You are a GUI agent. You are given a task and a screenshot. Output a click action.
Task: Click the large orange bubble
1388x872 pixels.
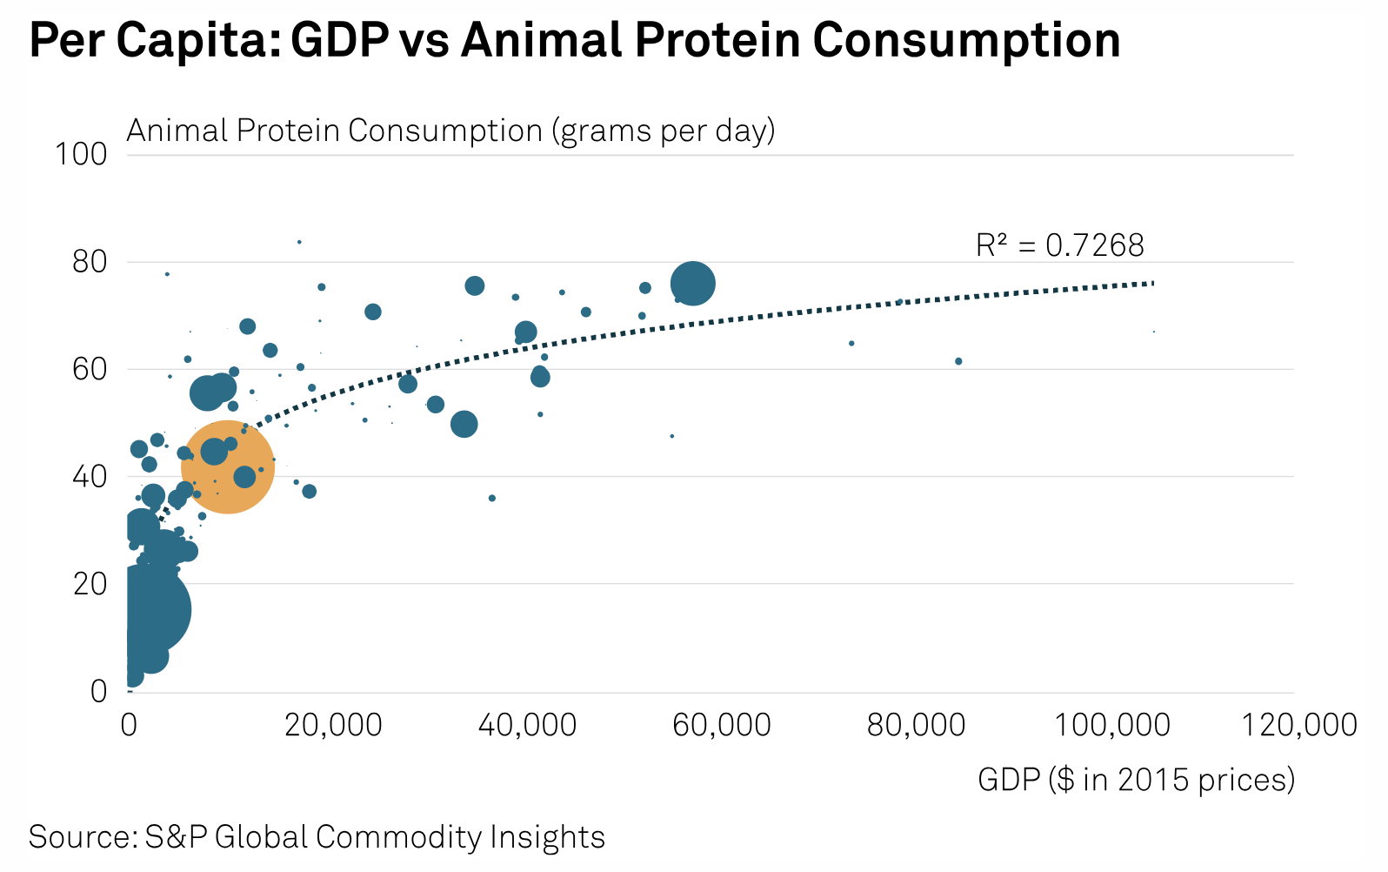(x=228, y=467)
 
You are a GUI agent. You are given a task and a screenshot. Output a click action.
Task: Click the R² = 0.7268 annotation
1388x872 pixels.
(x=1059, y=245)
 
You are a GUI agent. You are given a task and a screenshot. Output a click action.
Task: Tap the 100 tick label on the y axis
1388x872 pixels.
(x=81, y=154)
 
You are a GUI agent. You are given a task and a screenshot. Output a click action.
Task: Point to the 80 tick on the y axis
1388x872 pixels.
(x=90, y=262)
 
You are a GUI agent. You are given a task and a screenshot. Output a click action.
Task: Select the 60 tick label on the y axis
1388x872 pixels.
(x=90, y=369)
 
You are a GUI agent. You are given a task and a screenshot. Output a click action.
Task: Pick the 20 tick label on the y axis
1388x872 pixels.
(x=90, y=583)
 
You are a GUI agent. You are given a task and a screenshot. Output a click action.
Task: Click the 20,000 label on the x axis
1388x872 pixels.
(x=333, y=725)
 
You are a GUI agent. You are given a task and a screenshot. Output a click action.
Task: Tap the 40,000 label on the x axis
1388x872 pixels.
(x=527, y=725)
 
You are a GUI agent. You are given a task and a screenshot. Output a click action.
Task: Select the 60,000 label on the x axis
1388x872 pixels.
(x=722, y=725)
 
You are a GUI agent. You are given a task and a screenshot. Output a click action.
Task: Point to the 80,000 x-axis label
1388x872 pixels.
(x=916, y=725)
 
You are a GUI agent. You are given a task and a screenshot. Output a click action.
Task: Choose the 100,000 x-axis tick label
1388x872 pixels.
(x=1112, y=725)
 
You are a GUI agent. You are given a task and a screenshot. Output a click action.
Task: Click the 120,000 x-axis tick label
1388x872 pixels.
(x=1299, y=725)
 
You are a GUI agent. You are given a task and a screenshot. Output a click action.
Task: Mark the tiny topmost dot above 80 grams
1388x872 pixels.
(x=299, y=242)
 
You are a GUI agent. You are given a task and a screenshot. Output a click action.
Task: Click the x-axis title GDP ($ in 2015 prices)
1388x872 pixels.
(x=1136, y=779)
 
